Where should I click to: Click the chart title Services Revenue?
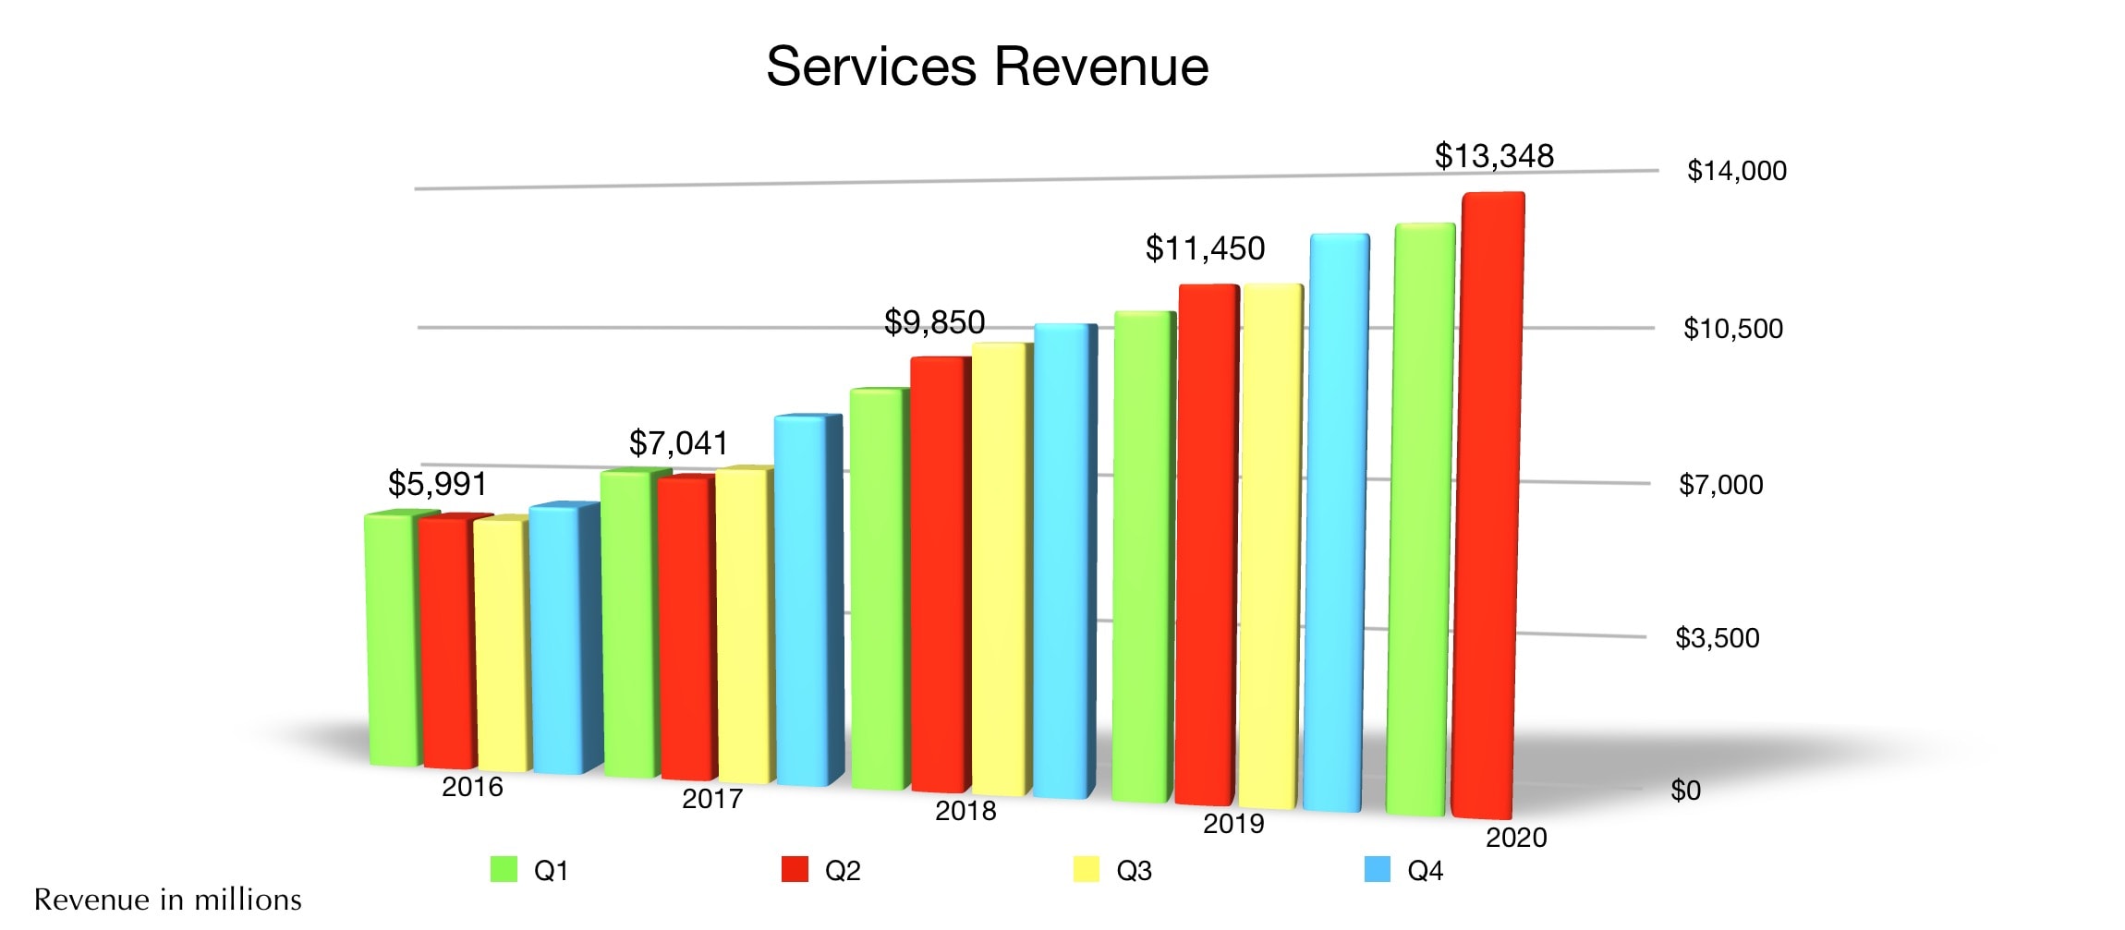(x=987, y=66)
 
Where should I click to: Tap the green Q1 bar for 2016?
(x=393, y=637)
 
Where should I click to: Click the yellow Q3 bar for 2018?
(x=1000, y=568)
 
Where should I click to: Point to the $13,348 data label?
(x=1494, y=156)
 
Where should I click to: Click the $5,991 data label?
(x=437, y=484)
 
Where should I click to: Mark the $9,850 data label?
(x=934, y=322)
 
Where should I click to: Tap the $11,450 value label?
(x=1205, y=248)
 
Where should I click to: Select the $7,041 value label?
(x=678, y=443)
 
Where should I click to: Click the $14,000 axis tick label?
(x=1736, y=171)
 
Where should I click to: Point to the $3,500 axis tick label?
(x=1717, y=638)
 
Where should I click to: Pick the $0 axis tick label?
(x=1685, y=791)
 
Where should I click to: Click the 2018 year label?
(x=965, y=811)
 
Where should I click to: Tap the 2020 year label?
(x=1515, y=838)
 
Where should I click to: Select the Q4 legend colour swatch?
(x=1377, y=870)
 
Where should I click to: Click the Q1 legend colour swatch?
(x=504, y=870)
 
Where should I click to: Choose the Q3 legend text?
(x=1134, y=871)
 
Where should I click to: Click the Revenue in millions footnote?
(x=167, y=900)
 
